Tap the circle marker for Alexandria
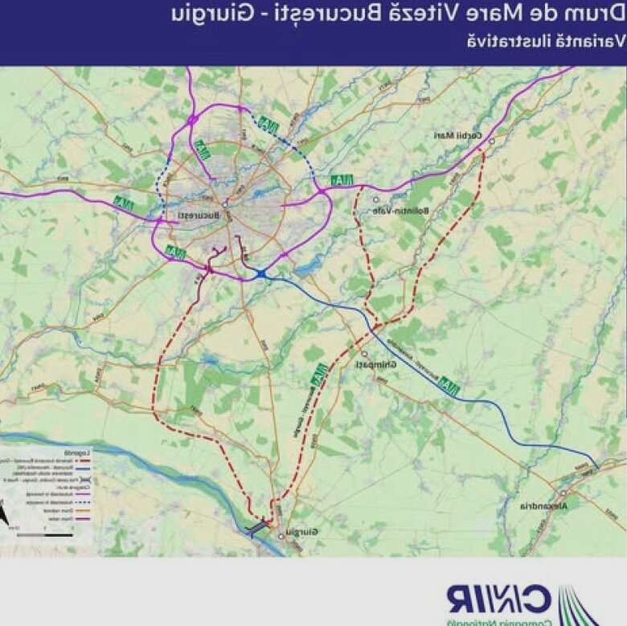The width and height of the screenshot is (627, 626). [563, 493]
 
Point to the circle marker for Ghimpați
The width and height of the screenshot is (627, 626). [363, 354]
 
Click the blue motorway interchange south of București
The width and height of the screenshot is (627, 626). [261, 274]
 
